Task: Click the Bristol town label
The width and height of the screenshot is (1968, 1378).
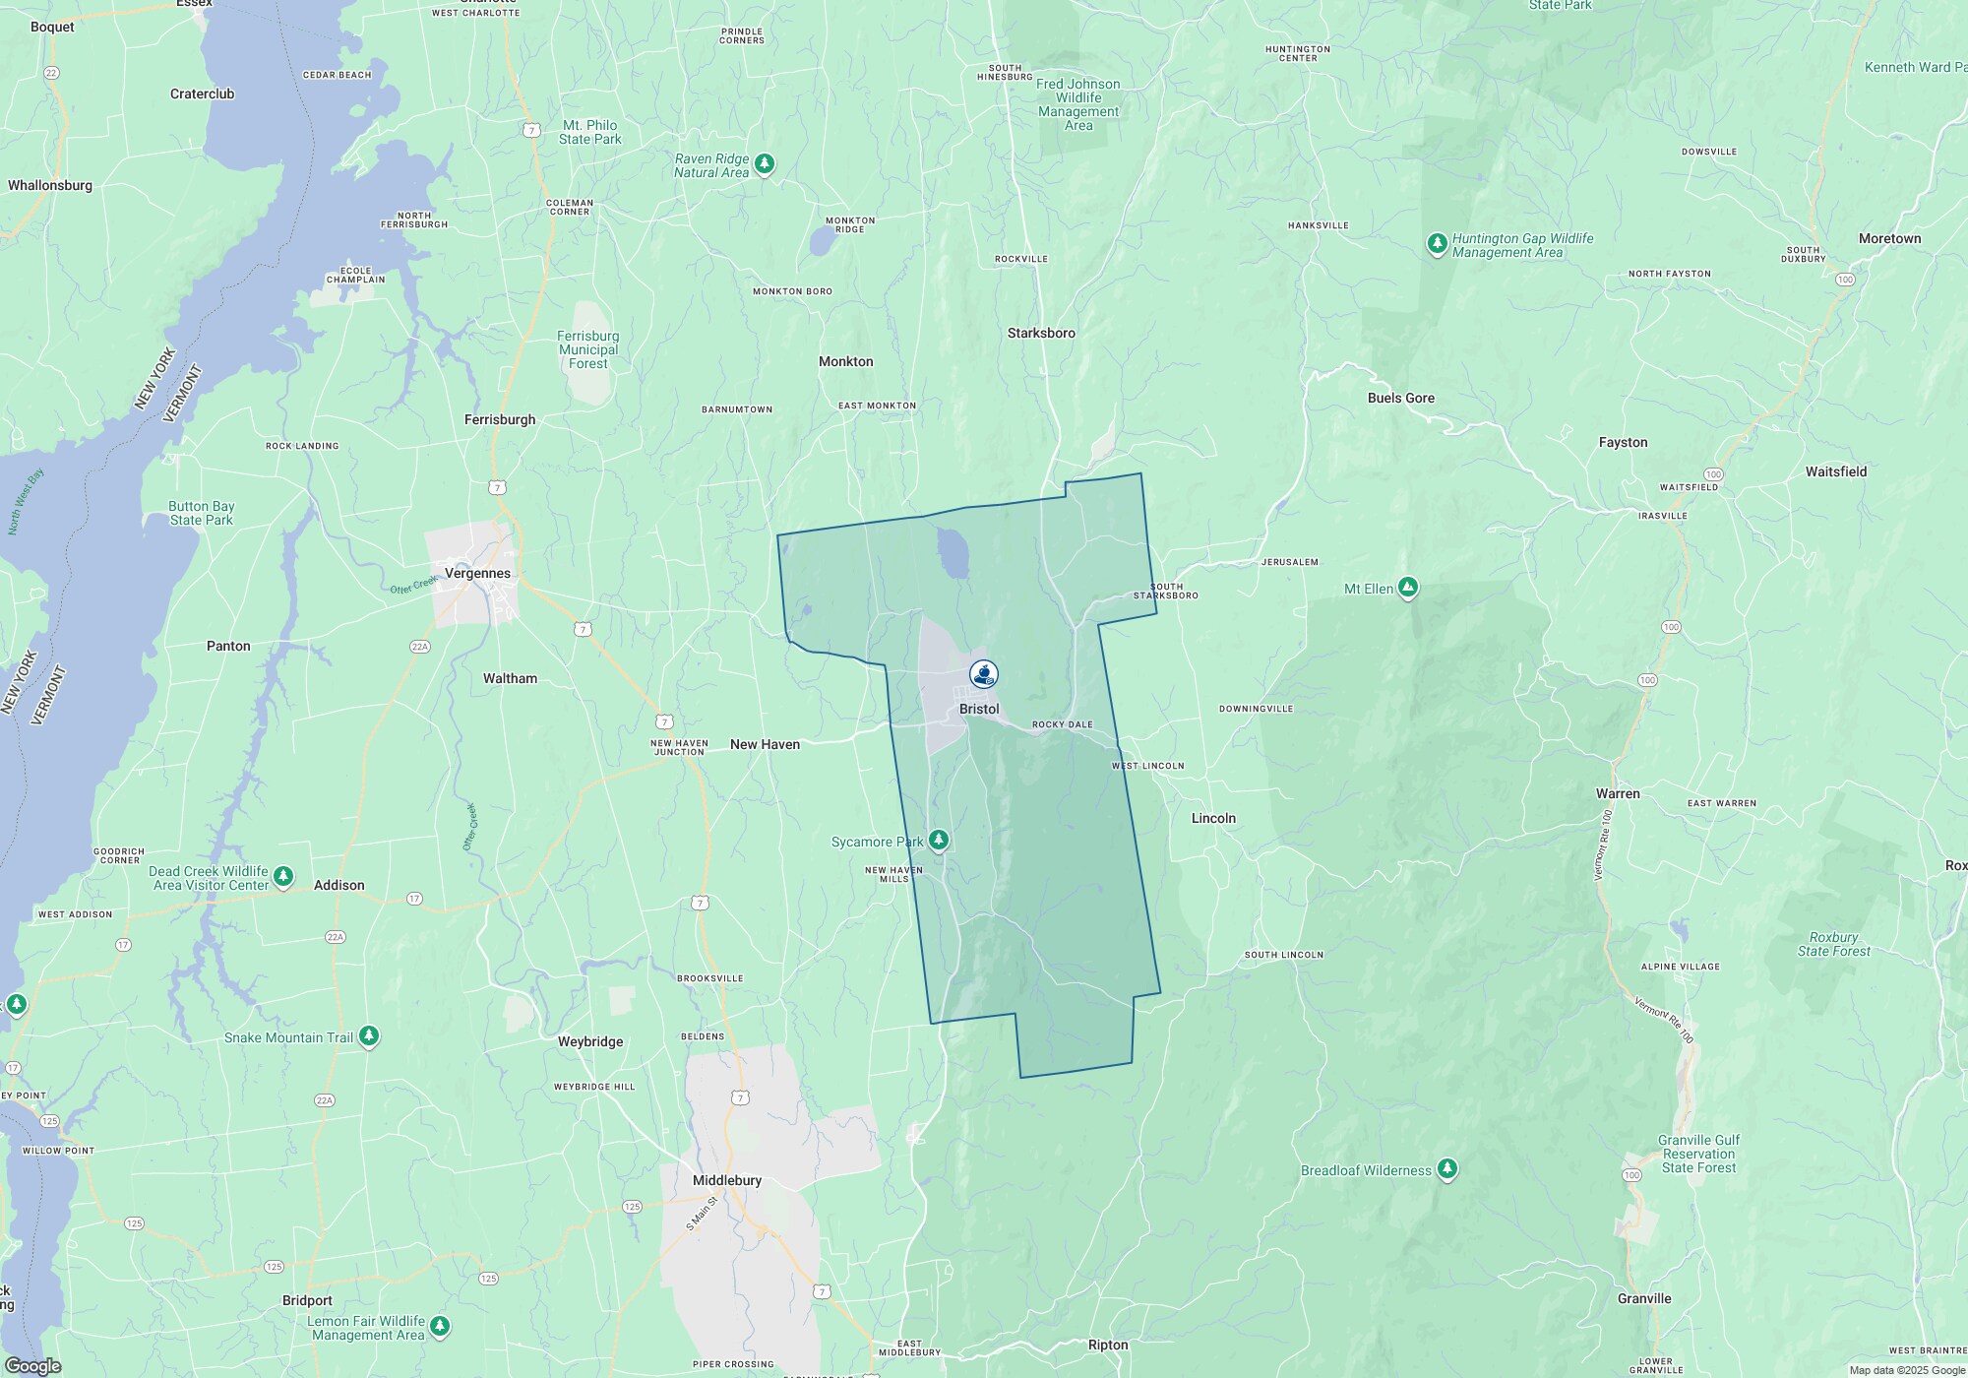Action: click(979, 709)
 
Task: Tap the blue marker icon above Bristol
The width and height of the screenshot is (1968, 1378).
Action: click(983, 673)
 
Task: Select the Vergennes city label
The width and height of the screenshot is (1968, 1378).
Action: click(477, 573)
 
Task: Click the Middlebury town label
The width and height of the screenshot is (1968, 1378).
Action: click(727, 1180)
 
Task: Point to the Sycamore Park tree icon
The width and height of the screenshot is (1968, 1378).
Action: click(939, 840)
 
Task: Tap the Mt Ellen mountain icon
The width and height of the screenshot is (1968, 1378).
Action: click(1408, 588)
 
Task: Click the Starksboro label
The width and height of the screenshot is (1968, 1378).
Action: click(1041, 333)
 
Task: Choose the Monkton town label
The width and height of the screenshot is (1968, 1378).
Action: click(845, 361)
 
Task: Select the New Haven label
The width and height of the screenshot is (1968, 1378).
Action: click(765, 744)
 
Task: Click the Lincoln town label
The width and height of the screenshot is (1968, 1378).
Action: click(1213, 818)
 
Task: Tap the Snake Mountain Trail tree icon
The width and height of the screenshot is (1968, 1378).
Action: click(369, 1035)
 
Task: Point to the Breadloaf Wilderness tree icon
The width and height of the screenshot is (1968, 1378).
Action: click(1446, 1168)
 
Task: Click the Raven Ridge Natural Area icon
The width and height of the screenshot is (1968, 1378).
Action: click(765, 163)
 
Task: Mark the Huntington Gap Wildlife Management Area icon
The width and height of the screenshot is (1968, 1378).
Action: click(1437, 243)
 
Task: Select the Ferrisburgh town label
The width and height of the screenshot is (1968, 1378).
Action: click(500, 419)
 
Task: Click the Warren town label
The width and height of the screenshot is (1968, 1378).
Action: click(1618, 793)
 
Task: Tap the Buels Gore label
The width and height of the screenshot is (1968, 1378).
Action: click(1400, 398)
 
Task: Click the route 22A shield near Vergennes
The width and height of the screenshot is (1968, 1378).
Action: click(420, 646)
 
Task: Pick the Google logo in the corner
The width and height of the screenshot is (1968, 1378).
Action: click(32, 1365)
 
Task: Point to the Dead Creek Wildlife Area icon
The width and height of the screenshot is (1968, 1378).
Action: click(283, 876)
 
